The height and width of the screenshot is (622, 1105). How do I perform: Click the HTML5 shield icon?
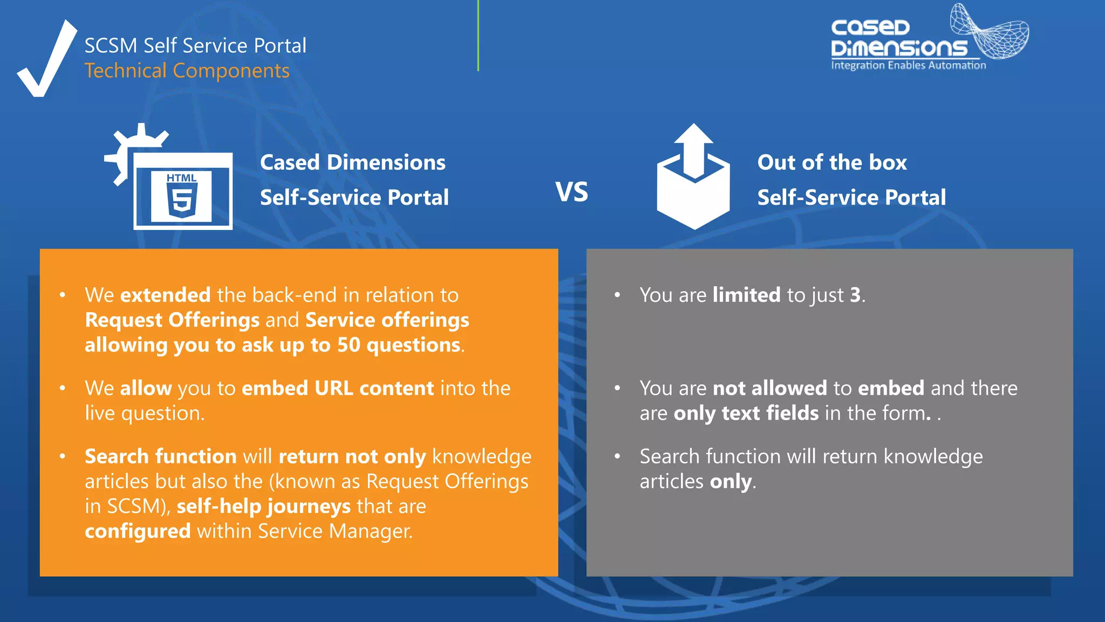tap(181, 195)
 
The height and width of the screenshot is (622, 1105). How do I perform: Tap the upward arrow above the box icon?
tap(694, 148)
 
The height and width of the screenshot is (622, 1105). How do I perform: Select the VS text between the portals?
tap(572, 192)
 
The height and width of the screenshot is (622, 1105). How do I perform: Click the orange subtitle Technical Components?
tap(187, 71)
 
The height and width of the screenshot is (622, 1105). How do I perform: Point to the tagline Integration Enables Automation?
tap(908, 65)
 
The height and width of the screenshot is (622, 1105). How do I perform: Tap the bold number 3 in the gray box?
tap(855, 295)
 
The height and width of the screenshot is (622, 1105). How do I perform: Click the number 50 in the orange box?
tap(349, 345)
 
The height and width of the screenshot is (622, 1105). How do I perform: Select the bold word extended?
tap(165, 295)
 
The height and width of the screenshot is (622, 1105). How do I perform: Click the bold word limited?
tap(746, 295)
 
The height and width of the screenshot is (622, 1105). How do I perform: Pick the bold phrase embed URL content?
tap(338, 388)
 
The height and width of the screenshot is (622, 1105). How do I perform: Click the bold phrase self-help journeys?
tap(263, 506)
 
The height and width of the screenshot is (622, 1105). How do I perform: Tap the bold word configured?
tap(138, 531)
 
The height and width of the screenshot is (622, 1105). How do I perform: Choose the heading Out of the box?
tap(832, 163)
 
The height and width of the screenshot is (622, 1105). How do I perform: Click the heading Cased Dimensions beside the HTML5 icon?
tap(352, 163)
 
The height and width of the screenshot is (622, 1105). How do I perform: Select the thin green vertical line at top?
tap(478, 35)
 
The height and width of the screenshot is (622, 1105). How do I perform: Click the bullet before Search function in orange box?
tap(63, 457)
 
